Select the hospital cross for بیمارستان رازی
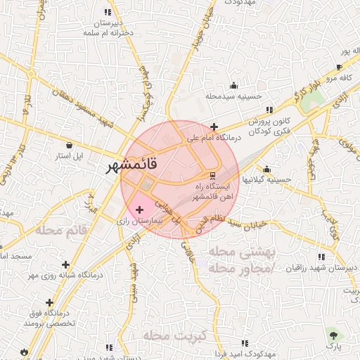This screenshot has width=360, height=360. point(139,210)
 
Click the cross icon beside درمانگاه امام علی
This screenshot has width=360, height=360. point(214,127)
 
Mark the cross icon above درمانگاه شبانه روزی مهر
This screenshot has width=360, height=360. point(66,264)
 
